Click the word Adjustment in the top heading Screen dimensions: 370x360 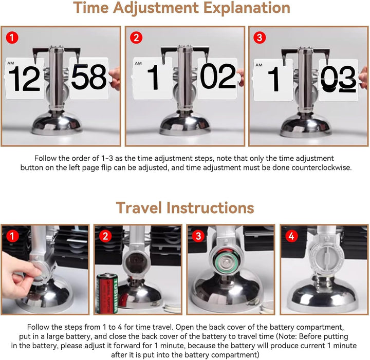click(x=156, y=8)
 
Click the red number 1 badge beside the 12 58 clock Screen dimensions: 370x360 click(x=12, y=37)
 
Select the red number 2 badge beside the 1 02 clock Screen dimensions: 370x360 click(x=136, y=37)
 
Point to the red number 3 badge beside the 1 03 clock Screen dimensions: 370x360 click(x=260, y=37)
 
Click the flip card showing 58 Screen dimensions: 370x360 click(x=89, y=78)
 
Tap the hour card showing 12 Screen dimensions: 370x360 click(x=25, y=79)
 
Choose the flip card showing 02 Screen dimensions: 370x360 click(x=217, y=78)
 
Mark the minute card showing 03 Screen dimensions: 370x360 click(x=339, y=80)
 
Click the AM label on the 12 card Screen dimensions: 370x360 click(x=11, y=63)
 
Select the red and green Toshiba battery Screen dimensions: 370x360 click(x=107, y=293)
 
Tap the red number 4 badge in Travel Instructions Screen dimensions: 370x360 click(x=291, y=236)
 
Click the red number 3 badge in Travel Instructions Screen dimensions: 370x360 click(x=198, y=236)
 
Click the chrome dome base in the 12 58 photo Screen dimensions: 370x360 click(x=57, y=124)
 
